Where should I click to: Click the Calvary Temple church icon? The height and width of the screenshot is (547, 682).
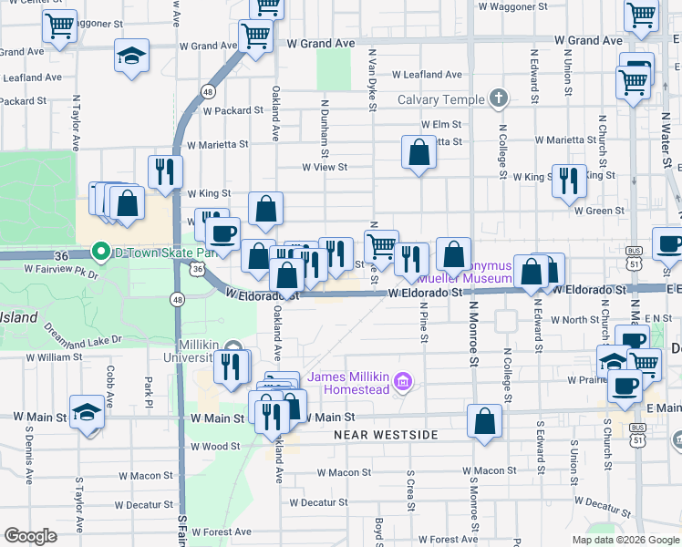coord(498,98)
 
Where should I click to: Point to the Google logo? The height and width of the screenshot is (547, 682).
coord(30,536)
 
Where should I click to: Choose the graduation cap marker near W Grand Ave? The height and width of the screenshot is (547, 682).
coord(132,57)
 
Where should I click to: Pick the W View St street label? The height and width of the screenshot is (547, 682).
coord(325,167)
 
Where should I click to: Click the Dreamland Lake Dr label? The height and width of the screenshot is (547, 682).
coord(82,339)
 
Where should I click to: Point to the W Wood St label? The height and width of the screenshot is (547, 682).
coord(215,447)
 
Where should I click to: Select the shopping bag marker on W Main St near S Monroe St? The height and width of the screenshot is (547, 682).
coord(485,420)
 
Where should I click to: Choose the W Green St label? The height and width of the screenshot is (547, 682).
coord(598,211)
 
